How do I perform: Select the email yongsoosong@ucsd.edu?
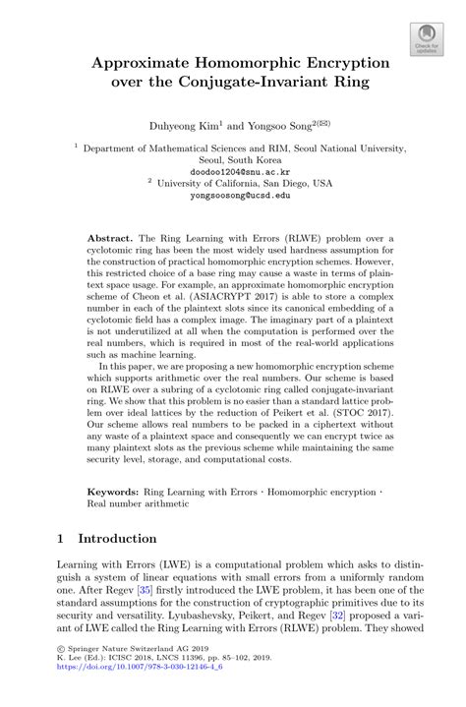pos(233,196)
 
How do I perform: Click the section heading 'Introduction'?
pos(117,539)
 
